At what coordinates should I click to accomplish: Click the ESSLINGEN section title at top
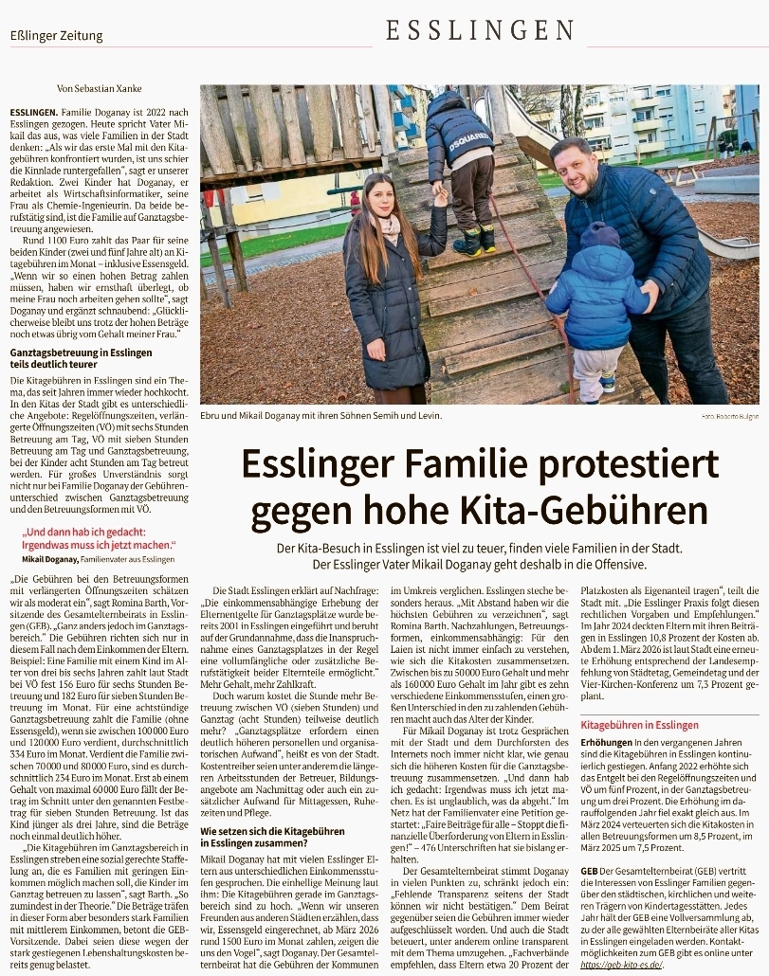481,30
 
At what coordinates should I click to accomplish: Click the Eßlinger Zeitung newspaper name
57,36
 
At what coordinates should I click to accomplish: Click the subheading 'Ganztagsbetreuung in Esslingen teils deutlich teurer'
81,358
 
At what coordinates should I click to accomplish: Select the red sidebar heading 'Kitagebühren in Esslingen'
639,725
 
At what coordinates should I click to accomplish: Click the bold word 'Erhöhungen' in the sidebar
605,740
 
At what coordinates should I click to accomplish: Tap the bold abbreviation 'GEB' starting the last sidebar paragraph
590,870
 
